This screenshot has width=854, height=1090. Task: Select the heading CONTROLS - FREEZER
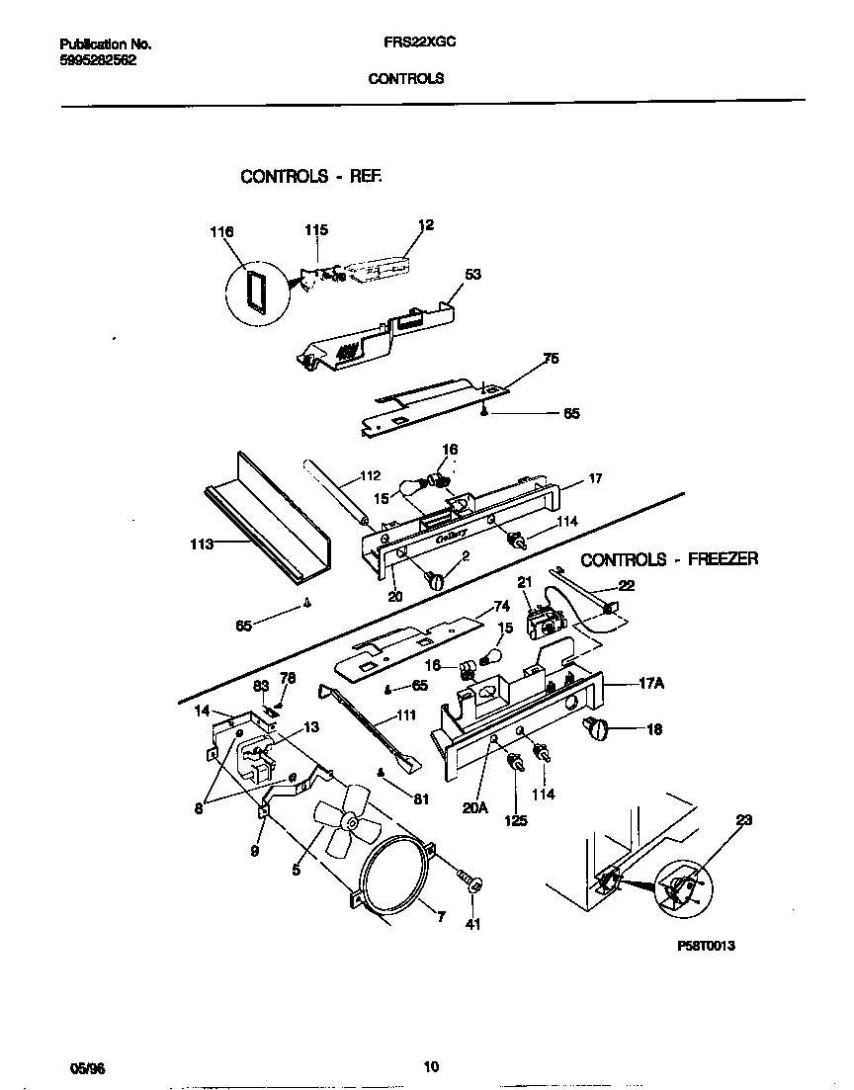tap(669, 559)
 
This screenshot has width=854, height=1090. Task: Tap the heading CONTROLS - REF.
tap(311, 177)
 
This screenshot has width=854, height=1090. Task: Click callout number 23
tap(743, 819)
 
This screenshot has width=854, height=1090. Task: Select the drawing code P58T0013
tap(706, 946)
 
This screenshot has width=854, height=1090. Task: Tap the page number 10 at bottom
tap(430, 1066)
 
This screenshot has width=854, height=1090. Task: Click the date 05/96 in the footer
tap(87, 1068)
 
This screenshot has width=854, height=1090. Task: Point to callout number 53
tap(472, 274)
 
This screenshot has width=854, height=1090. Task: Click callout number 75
tap(551, 359)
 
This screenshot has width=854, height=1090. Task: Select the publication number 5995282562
tap(98, 59)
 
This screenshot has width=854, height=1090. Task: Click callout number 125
tap(515, 820)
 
